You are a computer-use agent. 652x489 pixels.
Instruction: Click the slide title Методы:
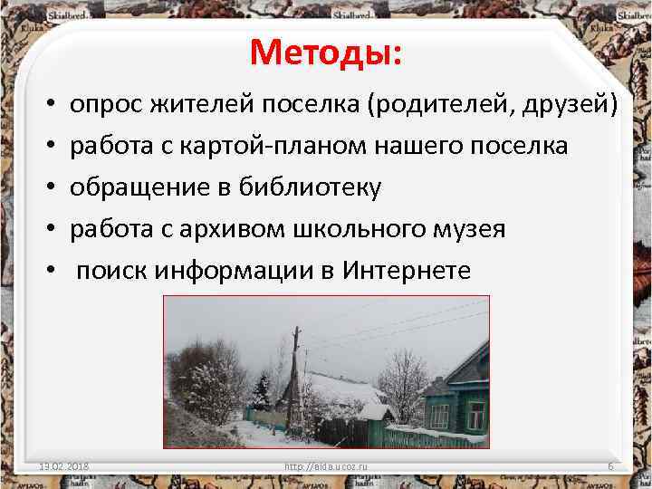[328, 53]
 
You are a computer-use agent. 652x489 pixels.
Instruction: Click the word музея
[465, 229]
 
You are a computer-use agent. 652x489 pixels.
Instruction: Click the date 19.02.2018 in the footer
[70, 466]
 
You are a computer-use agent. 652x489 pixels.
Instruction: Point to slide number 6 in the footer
[610, 466]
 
